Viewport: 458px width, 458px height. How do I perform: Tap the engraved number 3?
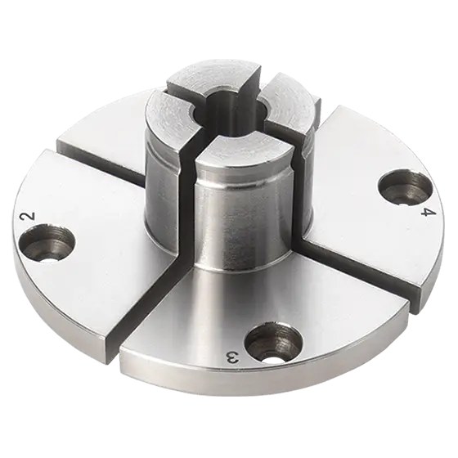(231, 357)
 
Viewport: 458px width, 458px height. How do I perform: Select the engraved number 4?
(426, 213)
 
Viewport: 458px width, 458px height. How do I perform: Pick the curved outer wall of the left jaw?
(164, 180)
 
